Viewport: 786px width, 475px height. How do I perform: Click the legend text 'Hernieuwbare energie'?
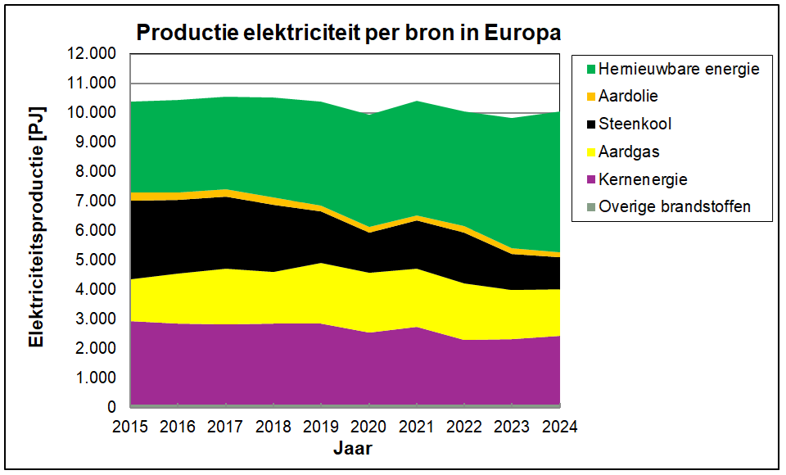click(679, 69)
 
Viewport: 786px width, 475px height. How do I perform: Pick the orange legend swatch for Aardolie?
click(586, 97)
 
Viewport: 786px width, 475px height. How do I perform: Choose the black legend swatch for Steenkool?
click(586, 124)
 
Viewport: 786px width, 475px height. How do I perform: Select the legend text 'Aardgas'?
click(629, 152)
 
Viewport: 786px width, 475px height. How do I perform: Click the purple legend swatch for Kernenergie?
click(586, 179)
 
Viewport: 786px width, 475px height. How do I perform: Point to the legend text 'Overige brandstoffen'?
click(675, 207)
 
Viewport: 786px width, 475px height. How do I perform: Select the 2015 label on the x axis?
click(130, 427)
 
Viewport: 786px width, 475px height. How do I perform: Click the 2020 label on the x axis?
click(369, 427)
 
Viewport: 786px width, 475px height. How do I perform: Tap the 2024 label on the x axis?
click(560, 427)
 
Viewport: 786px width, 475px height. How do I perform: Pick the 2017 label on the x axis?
click(226, 427)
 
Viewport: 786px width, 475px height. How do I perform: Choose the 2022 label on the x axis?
click(465, 427)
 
